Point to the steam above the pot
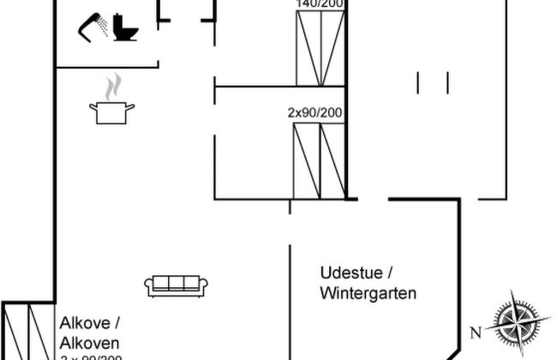(112, 87)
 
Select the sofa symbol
(178, 285)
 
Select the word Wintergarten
(368, 293)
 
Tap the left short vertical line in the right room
(419, 82)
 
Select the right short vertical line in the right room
(446, 82)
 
